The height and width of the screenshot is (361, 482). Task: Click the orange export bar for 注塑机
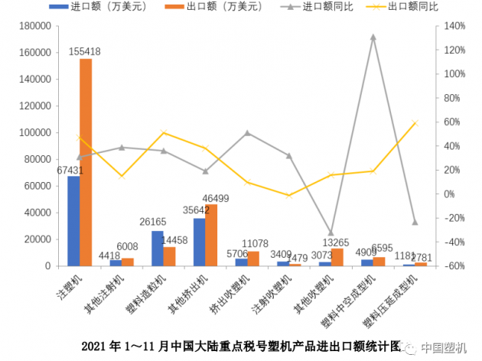click(x=86, y=162)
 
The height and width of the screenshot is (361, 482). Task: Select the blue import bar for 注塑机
click(x=73, y=221)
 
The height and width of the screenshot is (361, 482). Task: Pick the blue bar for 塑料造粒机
click(x=157, y=249)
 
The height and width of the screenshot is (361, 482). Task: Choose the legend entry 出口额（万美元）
click(x=211, y=8)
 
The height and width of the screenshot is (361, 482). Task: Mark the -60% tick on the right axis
click(x=453, y=266)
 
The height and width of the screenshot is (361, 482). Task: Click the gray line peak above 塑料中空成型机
click(x=373, y=37)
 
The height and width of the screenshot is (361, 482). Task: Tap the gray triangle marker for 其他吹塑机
click(x=331, y=233)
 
